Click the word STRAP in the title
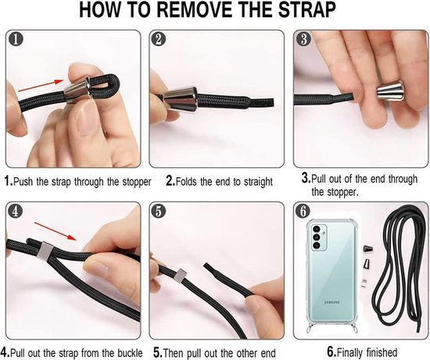[x=307, y=10]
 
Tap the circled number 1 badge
[x=16, y=39]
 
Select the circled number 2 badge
[x=159, y=39]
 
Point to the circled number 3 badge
[x=303, y=39]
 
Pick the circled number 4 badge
[x=16, y=211]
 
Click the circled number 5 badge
[x=159, y=211]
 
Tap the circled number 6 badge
[x=303, y=211]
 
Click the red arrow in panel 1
[x=41, y=85]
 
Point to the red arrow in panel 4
[x=56, y=231]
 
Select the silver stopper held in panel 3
[x=389, y=91]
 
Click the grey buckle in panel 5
[x=180, y=276]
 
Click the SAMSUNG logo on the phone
[x=332, y=302]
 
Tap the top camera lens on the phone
[x=317, y=229]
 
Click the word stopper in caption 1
[x=137, y=182]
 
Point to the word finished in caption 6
[x=382, y=351]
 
